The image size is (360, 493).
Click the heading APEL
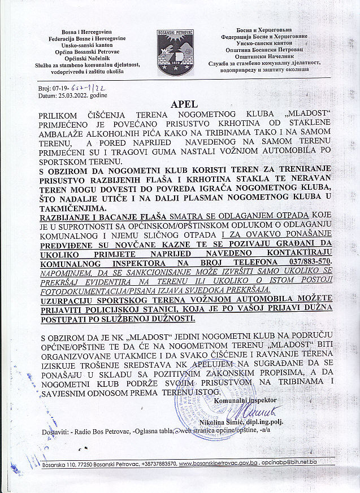click(x=180, y=104)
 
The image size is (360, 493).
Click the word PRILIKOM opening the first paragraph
click(x=60, y=115)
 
